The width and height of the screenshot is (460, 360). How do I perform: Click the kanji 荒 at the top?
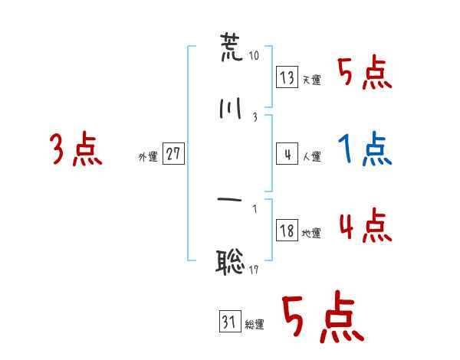232,47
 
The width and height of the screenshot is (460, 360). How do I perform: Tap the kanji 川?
230,109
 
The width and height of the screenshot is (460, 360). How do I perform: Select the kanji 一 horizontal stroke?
230,200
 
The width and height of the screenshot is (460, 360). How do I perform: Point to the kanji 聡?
230,262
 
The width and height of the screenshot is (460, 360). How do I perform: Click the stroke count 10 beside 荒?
254,55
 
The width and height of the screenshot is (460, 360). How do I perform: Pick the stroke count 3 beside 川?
255,117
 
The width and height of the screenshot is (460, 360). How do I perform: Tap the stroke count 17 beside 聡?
254,270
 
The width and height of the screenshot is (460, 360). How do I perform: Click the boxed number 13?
287,77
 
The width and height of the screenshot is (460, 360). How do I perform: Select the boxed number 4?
287,154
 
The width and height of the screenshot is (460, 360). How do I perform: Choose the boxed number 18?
287,230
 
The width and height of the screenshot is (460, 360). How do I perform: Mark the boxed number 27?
173,153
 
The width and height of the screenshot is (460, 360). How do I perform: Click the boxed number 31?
230,321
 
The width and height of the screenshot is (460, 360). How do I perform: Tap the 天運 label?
312,80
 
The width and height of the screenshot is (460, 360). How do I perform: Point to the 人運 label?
312,156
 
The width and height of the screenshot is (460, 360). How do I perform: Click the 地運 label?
311,234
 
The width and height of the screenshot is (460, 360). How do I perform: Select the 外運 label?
148,157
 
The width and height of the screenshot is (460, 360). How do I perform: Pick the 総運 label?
255,325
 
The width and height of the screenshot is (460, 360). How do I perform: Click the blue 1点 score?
365,149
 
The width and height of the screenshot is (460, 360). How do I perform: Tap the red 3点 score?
76,149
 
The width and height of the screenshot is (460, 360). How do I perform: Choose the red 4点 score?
366,225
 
